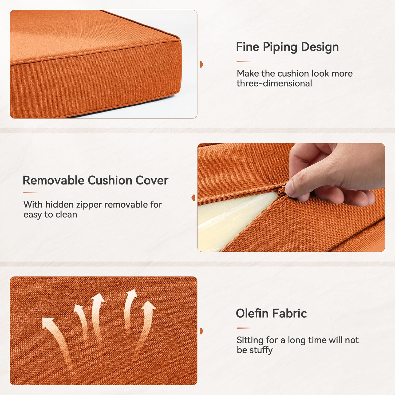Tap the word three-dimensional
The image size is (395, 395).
[x=274, y=83]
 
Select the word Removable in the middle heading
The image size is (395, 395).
[x=53, y=180]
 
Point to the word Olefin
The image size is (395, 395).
[x=252, y=313]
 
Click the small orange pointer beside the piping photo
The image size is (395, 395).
[x=201, y=64]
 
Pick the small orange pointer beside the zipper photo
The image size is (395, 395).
[x=194, y=197]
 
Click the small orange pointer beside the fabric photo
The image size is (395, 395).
[x=201, y=331]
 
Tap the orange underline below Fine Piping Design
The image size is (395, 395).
[x=243, y=61]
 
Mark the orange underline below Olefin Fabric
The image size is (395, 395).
[x=243, y=328]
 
